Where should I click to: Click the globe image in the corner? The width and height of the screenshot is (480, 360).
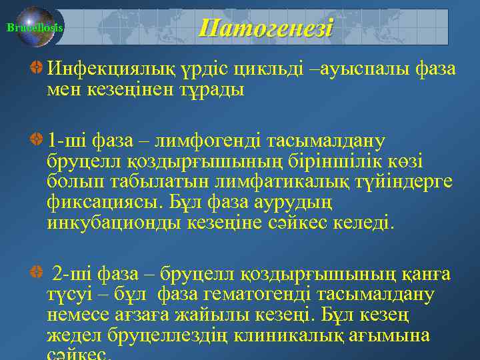[37, 27]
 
